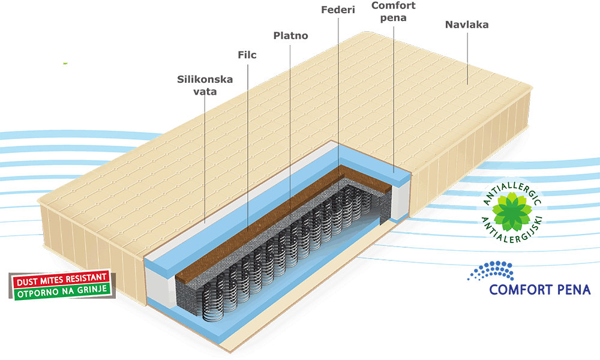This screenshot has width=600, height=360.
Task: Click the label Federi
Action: (338, 10)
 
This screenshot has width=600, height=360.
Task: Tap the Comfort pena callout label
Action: (393, 11)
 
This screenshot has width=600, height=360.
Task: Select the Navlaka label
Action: (466, 25)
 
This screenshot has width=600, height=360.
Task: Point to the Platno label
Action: (290, 35)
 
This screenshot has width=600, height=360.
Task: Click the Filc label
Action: (247, 55)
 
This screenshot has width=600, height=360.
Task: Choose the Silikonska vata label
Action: (205, 85)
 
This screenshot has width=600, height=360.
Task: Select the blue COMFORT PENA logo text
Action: (540, 290)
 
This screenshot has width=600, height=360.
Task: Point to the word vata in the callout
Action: (205, 92)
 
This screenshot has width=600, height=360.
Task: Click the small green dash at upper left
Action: (65, 62)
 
